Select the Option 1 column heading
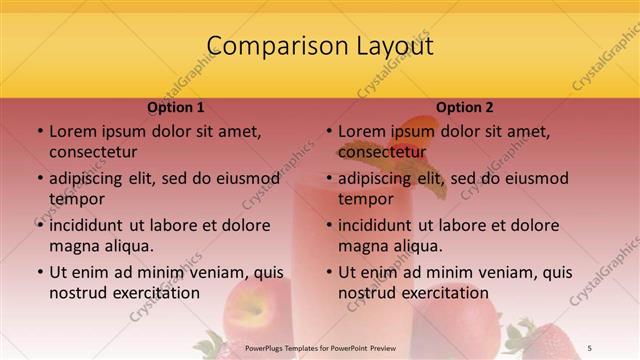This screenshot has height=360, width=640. tap(176, 107)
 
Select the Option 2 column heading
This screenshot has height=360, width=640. tap(465, 107)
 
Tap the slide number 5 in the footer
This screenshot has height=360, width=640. tap(589, 347)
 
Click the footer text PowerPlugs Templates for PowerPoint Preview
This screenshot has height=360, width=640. tap(319, 347)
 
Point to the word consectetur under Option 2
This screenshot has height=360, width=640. tap(382, 153)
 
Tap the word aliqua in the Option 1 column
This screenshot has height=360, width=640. tap(127, 245)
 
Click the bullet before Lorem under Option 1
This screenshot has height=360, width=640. tap(39, 131)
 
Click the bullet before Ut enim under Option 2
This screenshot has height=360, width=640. tap(328, 272)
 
